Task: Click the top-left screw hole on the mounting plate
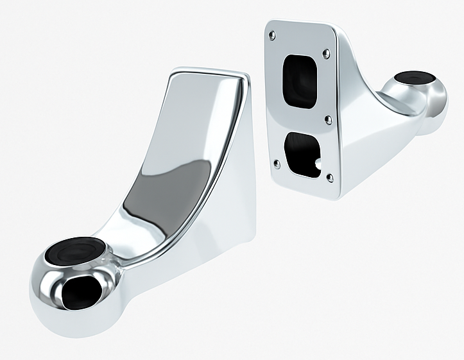(273, 35)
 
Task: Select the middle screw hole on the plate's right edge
(328, 119)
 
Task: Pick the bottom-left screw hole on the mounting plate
(277, 163)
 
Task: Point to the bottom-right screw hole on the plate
(329, 177)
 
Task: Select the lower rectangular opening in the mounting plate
(302, 153)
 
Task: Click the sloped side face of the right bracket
(366, 128)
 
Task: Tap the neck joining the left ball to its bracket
(125, 241)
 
